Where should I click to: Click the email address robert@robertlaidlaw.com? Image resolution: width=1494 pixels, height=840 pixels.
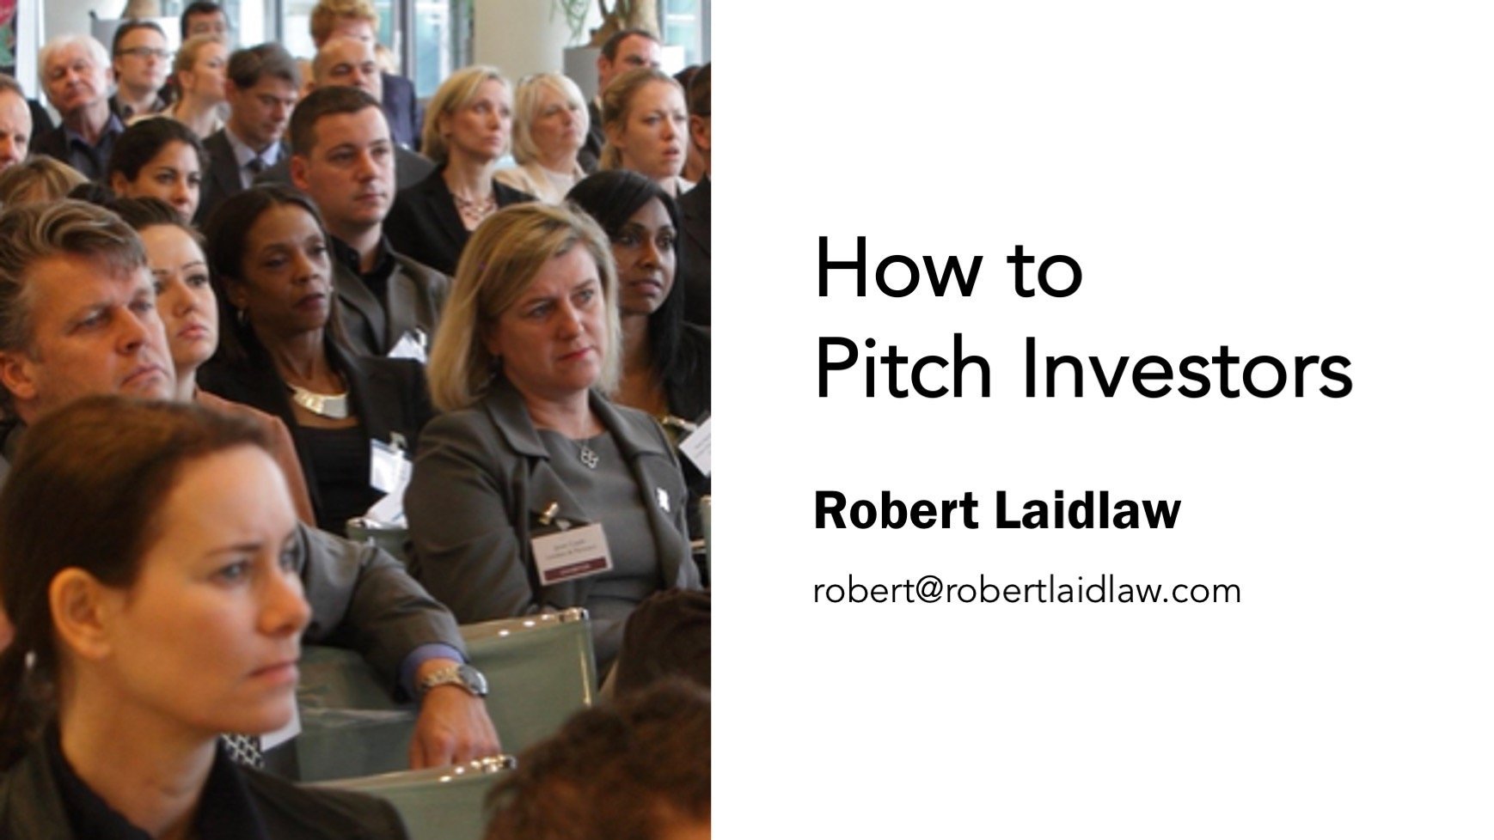coord(1026,591)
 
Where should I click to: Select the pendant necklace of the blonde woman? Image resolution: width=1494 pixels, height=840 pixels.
coord(586,455)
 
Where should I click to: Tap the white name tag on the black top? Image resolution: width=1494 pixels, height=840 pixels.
coord(389,464)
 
